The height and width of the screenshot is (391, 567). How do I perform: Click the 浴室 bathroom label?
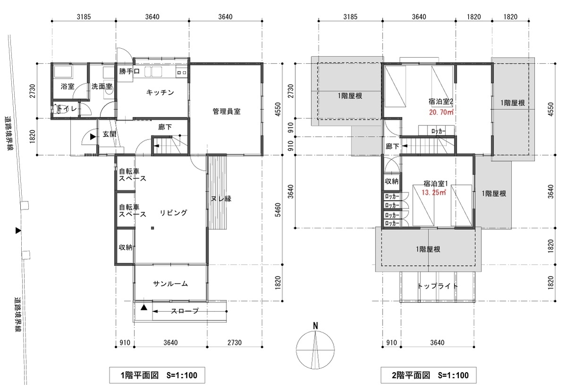click(68, 87)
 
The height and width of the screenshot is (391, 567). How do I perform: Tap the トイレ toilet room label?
click(67, 109)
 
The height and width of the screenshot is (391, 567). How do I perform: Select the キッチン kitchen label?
click(160, 93)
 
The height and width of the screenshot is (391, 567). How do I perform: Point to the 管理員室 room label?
click(226, 112)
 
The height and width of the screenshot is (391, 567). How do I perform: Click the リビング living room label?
click(173, 213)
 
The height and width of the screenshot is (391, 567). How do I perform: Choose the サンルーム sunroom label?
click(171, 284)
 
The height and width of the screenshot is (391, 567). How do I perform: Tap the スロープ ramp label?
click(185, 311)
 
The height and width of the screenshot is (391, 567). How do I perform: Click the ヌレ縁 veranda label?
click(221, 199)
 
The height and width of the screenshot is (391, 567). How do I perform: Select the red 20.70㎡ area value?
click(441, 112)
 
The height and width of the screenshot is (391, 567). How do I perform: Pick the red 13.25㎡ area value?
click(434, 192)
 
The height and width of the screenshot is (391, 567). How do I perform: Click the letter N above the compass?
click(316, 326)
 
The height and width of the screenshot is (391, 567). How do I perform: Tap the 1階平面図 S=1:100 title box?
click(157, 375)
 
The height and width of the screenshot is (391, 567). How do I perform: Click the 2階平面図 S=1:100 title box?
click(429, 375)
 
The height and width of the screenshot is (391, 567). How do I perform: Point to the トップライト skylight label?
click(438, 286)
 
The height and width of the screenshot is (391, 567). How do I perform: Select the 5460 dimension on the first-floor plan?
click(278, 209)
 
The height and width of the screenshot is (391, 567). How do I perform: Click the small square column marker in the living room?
click(152, 228)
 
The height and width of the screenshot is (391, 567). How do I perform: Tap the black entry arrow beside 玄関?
click(93, 137)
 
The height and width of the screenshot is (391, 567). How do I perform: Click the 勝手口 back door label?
click(129, 71)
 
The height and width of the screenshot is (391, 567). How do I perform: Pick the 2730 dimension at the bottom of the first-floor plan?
click(234, 343)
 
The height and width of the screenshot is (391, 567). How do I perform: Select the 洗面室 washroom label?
click(102, 87)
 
